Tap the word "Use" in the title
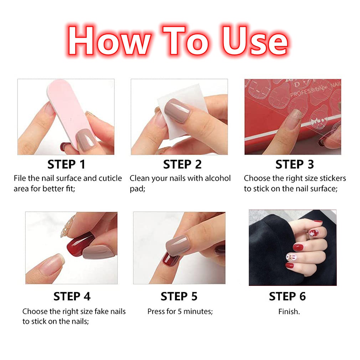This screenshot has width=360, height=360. point(254,41)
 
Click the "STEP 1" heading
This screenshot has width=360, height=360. point(66,164)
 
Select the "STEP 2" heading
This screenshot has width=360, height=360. point(182,164)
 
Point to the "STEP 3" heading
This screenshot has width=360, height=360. point(294,164)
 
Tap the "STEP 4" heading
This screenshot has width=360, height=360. point(72,297)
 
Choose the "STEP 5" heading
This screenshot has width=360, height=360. point(179,297)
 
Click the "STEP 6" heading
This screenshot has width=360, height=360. point(287,297)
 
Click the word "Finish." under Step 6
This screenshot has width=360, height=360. point(289,312)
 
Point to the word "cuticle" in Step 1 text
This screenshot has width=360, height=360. point(110,178)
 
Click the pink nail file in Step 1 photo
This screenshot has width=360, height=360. point(69,113)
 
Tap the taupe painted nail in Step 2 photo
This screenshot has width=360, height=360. point(177,110)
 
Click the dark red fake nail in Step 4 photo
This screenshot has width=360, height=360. point(79,245)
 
